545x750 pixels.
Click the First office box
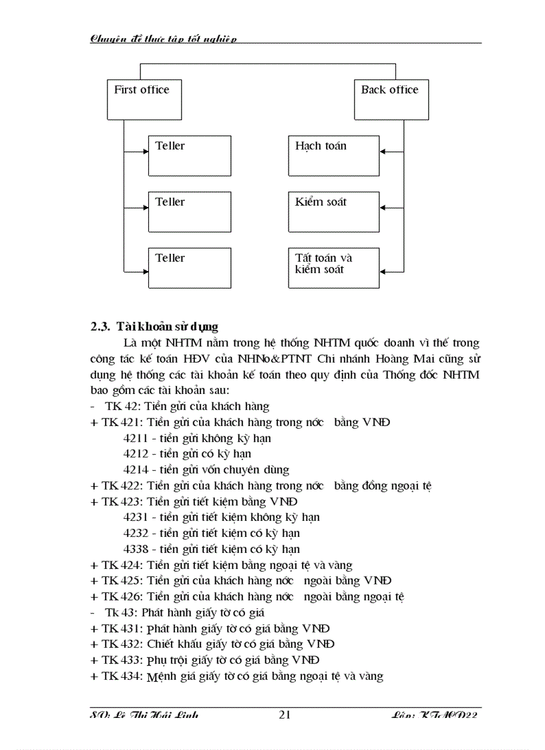point(142,100)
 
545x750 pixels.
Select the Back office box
point(391,100)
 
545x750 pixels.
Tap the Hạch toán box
point(333,156)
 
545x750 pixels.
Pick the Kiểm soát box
point(333,212)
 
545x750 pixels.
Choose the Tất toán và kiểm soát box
point(333,268)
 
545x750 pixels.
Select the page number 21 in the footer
point(285,715)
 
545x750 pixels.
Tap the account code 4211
point(136,439)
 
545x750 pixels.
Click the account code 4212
point(136,454)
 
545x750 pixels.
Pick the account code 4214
point(136,470)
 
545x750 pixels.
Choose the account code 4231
point(136,517)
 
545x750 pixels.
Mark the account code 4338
point(136,549)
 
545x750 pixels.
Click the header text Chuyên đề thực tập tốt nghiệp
point(164,39)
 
